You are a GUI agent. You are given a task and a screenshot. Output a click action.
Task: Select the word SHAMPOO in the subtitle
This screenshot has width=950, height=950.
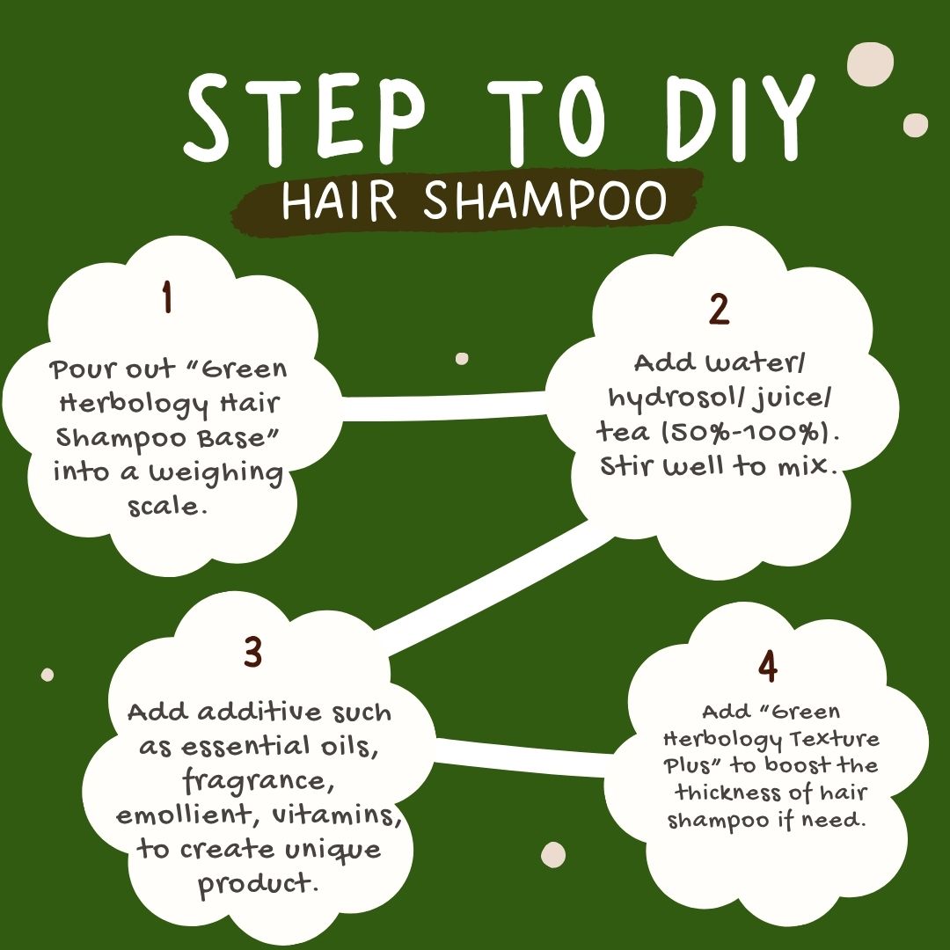coord(544,200)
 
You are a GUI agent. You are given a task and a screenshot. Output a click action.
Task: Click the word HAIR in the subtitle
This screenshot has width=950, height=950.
coord(340,200)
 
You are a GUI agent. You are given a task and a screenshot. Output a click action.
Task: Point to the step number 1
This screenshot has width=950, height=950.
coord(167,296)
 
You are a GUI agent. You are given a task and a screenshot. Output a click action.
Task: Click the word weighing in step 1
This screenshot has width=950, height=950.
coord(217,473)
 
